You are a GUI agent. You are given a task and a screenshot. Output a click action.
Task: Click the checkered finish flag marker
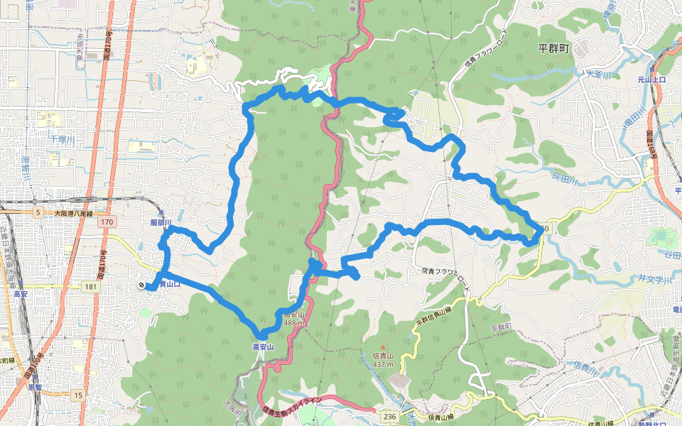point(143,285)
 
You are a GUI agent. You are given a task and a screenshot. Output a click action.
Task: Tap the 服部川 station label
point(162,222)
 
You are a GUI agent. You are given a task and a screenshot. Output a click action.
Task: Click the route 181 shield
point(89,286)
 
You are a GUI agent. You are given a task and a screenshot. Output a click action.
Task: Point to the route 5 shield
point(38,212)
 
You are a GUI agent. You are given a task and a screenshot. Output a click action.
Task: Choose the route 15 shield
point(77,394)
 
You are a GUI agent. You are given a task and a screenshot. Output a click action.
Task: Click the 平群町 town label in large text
point(555,48)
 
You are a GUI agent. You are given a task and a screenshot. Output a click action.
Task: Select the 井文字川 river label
point(654,278)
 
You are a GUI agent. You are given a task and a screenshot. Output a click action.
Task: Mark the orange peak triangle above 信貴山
point(382,347)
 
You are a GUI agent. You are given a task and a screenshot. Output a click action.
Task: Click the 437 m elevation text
point(382,364)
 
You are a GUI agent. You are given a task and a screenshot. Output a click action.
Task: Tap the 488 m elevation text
point(293,323)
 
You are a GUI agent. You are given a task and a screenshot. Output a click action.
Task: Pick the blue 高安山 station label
point(263,347)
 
